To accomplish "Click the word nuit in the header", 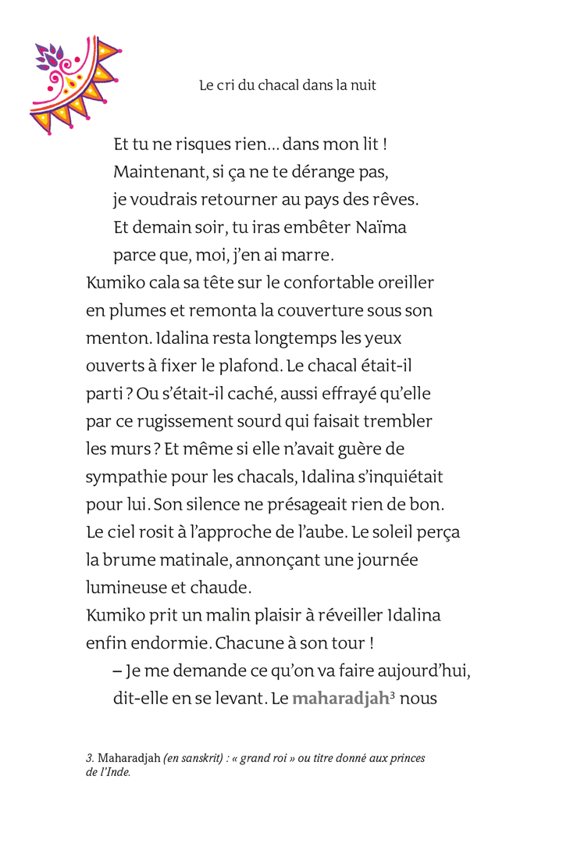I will click(x=362, y=85).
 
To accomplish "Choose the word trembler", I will click(x=397, y=422).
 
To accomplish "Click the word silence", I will click(x=198, y=505).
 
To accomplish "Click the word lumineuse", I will click(x=125, y=588).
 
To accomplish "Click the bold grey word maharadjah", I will click(x=340, y=699).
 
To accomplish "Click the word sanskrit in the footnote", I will click(x=202, y=758).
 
